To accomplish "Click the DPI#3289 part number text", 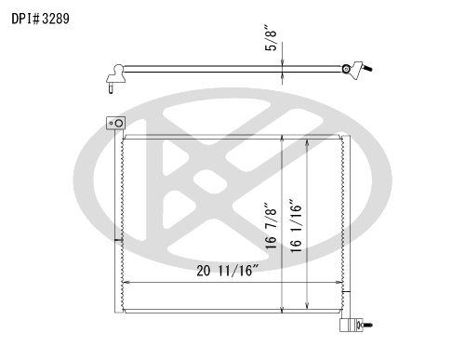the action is pos(40,19).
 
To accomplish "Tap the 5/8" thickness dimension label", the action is pos(272,37).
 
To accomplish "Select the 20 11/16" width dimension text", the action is pos(228,271).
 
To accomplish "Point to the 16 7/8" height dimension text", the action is pos(271,226).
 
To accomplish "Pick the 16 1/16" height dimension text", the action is pos(296,226).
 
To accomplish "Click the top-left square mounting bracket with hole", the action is pos(116,123).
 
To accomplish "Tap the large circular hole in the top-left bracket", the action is pos(119,124).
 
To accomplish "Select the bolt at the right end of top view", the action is pos(368,68).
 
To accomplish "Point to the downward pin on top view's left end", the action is pos(111,87).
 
